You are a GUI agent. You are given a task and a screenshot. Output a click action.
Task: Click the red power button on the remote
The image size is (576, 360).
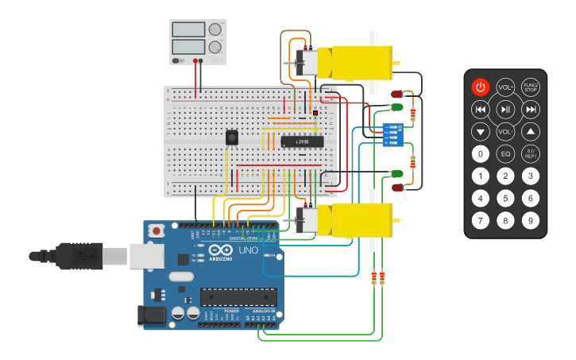click(x=480, y=87)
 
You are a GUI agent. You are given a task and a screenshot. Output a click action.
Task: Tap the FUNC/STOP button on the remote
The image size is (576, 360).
click(x=531, y=87)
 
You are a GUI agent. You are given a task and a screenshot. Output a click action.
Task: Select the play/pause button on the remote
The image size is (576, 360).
click(x=505, y=109)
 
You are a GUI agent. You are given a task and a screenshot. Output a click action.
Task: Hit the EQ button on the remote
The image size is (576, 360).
click(x=505, y=153)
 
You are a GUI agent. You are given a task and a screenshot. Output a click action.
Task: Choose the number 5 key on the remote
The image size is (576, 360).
click(x=505, y=198)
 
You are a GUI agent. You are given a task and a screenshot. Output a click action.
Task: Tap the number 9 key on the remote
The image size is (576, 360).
click(x=531, y=220)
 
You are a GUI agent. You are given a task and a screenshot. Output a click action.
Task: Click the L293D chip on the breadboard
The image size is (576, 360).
click(x=301, y=141)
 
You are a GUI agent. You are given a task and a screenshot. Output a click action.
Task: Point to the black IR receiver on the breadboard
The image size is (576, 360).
click(x=231, y=137)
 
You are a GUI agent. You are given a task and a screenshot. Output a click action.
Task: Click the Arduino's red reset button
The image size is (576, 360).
click(x=157, y=231)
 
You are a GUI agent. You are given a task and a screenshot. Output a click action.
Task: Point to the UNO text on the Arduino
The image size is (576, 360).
click(x=249, y=251)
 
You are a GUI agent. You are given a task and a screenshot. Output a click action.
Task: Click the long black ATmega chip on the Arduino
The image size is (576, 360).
click(x=238, y=297)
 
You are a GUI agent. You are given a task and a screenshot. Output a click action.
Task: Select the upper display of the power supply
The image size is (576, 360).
click(x=189, y=30)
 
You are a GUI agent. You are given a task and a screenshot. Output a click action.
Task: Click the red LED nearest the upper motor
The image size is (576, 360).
click(x=396, y=94)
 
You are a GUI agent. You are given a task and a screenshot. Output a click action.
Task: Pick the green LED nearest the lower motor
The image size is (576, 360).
click(x=396, y=173)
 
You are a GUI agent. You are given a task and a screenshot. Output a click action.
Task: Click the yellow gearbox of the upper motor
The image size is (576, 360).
click(x=361, y=62)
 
